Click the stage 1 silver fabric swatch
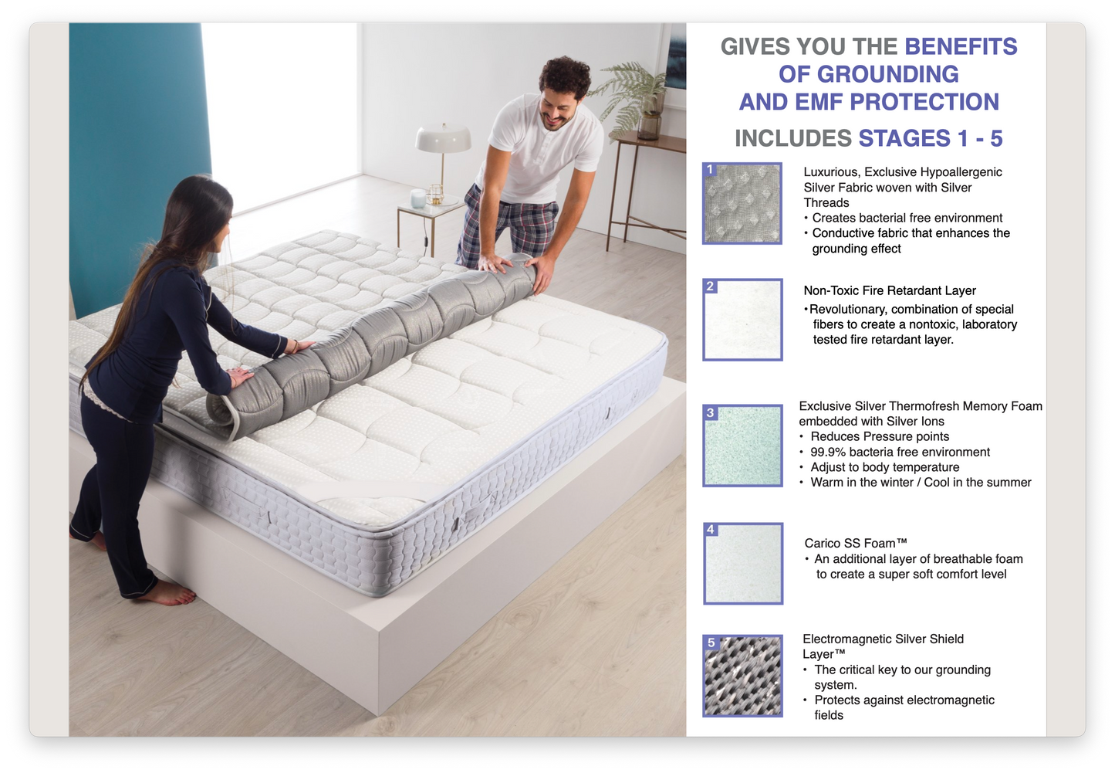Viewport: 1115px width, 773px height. click(742, 203)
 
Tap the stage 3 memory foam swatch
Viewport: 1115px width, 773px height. click(742, 446)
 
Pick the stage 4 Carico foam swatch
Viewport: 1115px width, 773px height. click(743, 563)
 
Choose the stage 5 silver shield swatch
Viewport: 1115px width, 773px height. click(743, 675)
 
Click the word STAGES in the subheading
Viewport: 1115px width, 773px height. click(904, 138)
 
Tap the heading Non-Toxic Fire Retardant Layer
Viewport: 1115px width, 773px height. click(889, 290)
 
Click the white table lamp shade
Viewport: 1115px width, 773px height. click(443, 139)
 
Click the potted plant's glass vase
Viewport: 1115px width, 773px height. click(649, 124)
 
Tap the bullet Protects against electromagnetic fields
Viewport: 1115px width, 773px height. click(904, 707)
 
